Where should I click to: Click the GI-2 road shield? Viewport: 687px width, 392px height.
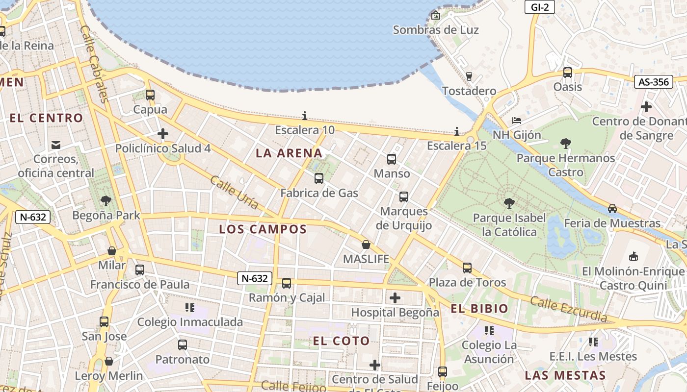click(x=540, y=7)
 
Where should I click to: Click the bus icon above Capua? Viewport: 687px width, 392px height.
click(x=150, y=95)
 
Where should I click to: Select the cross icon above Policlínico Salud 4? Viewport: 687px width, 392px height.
click(x=163, y=133)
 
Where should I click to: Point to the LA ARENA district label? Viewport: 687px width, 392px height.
click(x=289, y=153)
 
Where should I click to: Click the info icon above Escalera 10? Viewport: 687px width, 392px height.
click(x=305, y=116)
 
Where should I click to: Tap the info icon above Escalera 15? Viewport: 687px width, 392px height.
click(x=457, y=131)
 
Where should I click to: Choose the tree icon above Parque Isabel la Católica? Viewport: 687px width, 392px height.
click(x=509, y=203)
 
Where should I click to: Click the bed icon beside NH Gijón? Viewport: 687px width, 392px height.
click(x=516, y=121)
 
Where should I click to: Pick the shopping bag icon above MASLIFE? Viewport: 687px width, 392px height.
click(x=366, y=245)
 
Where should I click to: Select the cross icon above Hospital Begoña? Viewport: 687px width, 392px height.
click(x=395, y=297)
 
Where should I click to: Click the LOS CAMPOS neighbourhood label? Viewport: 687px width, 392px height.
click(x=263, y=229)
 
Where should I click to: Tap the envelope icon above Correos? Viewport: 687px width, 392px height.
click(x=55, y=145)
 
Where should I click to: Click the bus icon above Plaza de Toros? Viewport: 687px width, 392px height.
click(x=467, y=268)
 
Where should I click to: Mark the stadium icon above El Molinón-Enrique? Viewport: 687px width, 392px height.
click(x=633, y=256)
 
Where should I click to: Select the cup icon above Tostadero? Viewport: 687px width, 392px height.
click(x=469, y=76)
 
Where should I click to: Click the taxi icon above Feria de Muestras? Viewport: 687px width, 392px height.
click(x=612, y=209)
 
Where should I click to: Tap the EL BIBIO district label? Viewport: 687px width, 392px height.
click(x=479, y=309)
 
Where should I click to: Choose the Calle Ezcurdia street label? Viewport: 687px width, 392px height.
click(x=568, y=310)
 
